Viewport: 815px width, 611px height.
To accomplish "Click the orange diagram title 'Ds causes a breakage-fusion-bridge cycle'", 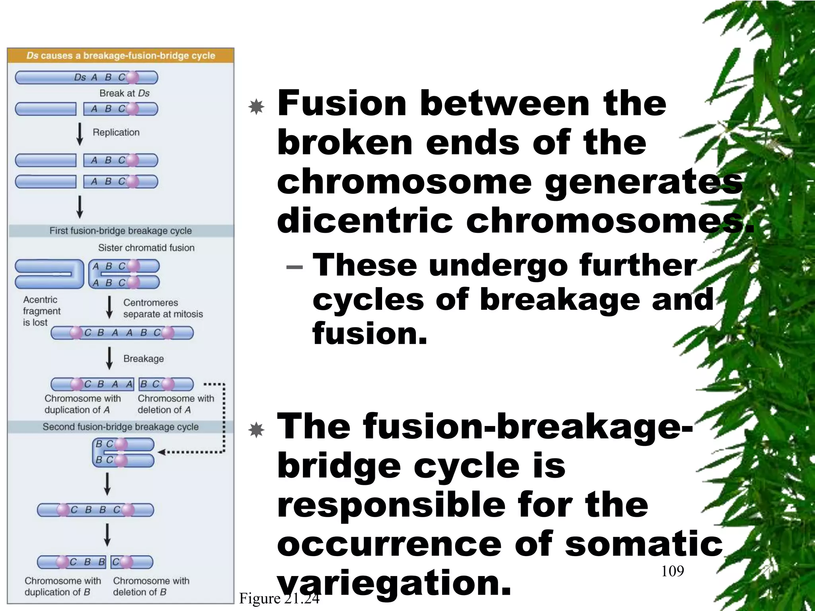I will pyautogui.click(x=121, y=56).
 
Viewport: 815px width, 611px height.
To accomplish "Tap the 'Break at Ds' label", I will pyautogui.click(x=124, y=93).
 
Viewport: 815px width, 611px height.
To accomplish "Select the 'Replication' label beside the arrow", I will pyautogui.click(x=116, y=132).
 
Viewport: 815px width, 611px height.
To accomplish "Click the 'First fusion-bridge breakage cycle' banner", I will pyautogui.click(x=121, y=231).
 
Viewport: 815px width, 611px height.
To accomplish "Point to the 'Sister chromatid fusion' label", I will pyautogui.click(x=146, y=248).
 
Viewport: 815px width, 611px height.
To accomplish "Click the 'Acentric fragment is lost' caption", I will pyautogui.click(x=41, y=311).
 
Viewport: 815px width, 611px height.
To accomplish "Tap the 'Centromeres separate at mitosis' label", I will pyautogui.click(x=163, y=308).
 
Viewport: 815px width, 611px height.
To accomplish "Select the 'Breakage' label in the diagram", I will pyautogui.click(x=143, y=358).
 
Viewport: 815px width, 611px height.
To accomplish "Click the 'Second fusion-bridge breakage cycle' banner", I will pyautogui.click(x=121, y=427).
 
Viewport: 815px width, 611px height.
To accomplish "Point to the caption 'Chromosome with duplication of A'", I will pyautogui.click(x=82, y=404).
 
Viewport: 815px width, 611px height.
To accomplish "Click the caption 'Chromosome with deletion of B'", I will pyautogui.click(x=151, y=586).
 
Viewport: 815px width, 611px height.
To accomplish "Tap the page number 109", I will pyautogui.click(x=673, y=571).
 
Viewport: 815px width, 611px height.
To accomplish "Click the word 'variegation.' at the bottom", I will pyautogui.click(x=394, y=583).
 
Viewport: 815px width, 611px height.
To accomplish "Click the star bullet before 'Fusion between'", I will pyautogui.click(x=256, y=107).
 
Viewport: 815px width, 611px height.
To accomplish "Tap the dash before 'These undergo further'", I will pyautogui.click(x=294, y=267).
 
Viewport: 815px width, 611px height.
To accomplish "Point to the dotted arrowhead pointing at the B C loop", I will pyautogui.click(x=161, y=452).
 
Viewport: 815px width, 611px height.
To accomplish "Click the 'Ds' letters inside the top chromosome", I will pyautogui.click(x=80, y=77).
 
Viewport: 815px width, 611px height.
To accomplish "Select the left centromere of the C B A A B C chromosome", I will pyautogui.click(x=76, y=333).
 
